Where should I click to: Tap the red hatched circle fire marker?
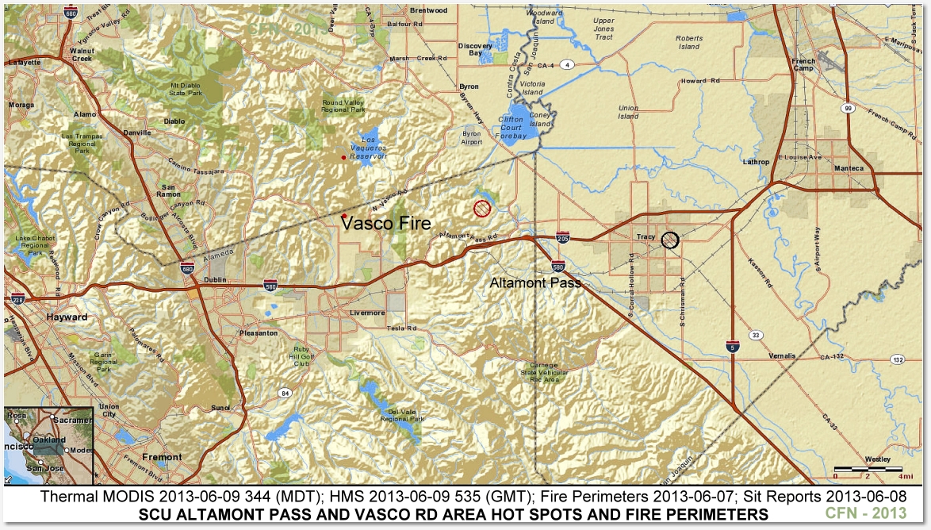481,209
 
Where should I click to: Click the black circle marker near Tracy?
670,240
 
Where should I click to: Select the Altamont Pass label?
535,282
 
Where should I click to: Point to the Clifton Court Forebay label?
511,127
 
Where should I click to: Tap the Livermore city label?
367,313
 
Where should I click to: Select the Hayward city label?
67,317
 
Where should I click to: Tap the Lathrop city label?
757,162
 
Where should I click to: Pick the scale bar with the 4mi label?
868,471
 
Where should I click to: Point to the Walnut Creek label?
82,54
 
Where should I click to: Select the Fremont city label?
162,457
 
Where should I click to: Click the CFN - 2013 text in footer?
866,514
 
